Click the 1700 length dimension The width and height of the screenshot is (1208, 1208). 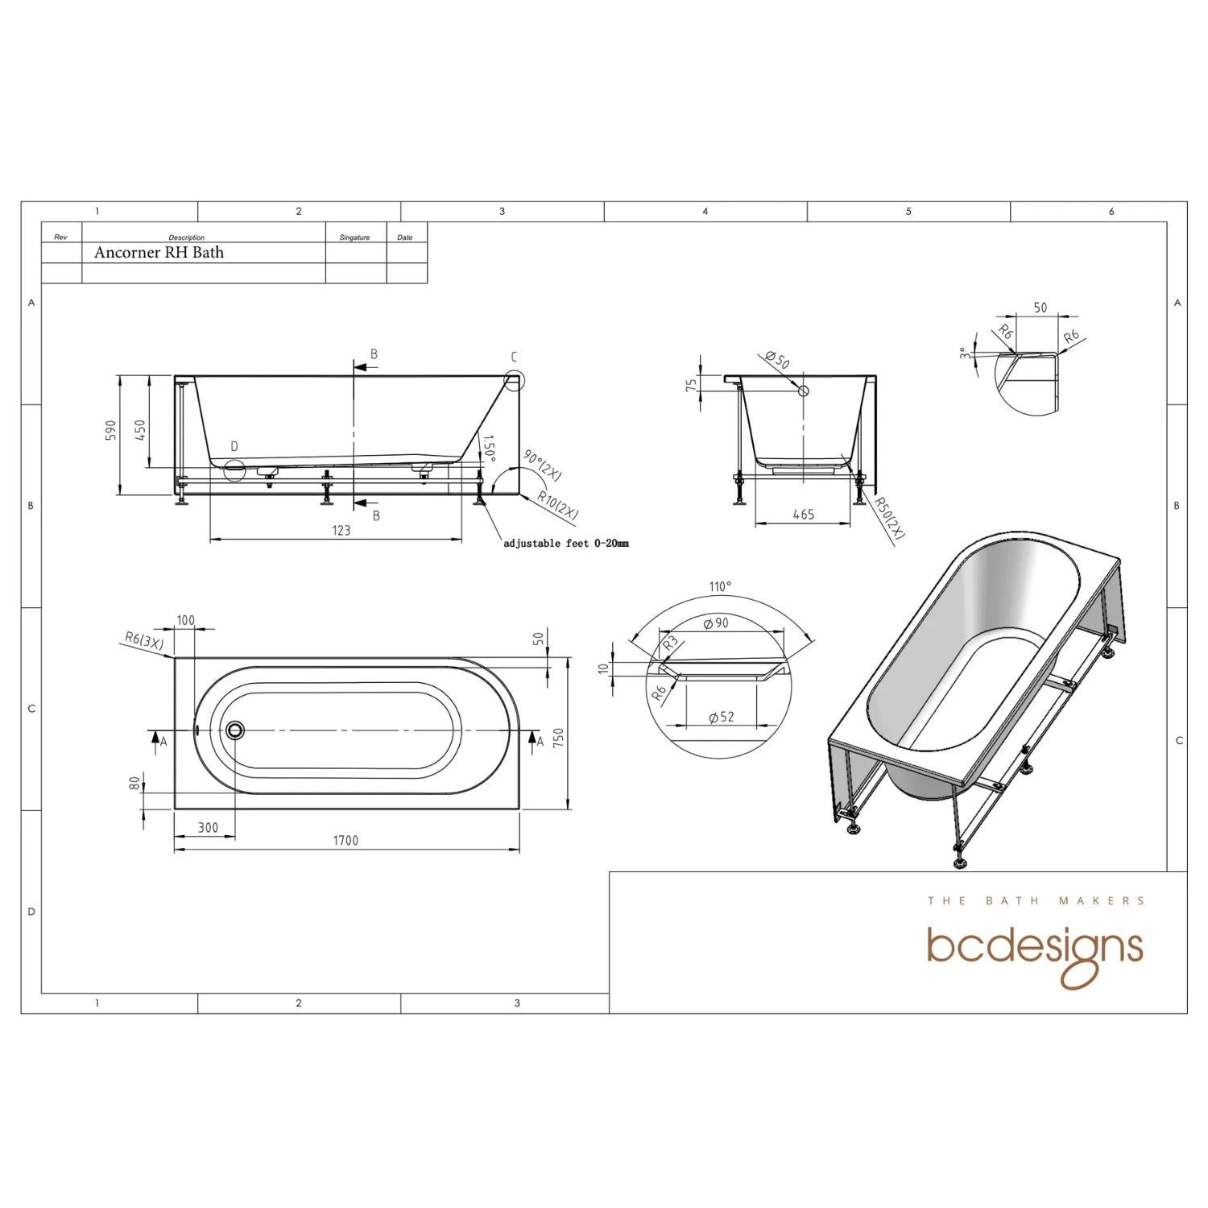click(345, 840)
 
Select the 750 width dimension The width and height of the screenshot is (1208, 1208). click(558, 737)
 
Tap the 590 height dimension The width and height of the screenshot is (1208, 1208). click(112, 429)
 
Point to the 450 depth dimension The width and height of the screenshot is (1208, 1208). click(139, 429)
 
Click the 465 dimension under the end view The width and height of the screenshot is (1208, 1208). click(803, 515)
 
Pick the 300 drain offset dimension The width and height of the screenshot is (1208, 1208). click(208, 827)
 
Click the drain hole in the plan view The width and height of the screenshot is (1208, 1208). click(234, 730)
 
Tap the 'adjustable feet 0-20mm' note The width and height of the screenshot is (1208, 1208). click(565, 544)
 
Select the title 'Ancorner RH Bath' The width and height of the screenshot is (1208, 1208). click(159, 252)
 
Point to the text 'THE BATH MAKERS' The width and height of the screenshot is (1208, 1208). click(1036, 900)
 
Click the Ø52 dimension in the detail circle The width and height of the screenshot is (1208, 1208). click(721, 717)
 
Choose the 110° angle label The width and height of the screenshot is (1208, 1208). click(720, 586)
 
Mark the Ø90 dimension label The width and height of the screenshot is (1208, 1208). click(716, 623)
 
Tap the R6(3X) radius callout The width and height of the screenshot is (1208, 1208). click(144, 642)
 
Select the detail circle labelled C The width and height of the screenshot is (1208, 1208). click(514, 380)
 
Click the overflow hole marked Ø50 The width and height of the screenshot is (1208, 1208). click(802, 391)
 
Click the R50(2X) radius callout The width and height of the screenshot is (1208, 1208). click(890, 518)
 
